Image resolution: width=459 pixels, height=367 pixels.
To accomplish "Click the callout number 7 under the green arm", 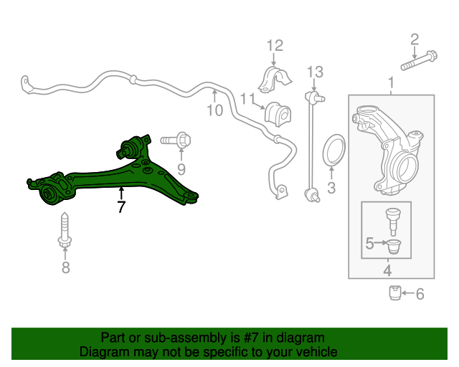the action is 121,206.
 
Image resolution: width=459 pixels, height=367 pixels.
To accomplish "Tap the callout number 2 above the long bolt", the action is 415,39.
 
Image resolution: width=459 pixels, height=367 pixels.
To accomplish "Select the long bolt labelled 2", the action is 419,61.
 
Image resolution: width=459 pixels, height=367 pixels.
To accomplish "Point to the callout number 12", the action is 275,46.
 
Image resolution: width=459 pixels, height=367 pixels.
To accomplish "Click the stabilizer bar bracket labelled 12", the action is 275,80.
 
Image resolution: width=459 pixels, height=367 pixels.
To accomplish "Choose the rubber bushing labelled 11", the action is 278,114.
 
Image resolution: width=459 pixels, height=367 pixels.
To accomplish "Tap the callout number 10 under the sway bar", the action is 215,110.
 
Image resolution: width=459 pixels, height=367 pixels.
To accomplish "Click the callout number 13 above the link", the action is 315,72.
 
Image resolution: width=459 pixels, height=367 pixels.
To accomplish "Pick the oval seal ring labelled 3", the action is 333,149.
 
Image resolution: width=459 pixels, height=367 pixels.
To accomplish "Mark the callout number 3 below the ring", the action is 331,188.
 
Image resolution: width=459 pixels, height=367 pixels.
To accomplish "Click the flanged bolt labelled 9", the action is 176,140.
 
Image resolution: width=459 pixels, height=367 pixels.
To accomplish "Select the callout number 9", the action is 181,169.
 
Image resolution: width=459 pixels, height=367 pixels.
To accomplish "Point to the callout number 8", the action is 65,267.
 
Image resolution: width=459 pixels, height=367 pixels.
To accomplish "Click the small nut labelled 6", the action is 394,292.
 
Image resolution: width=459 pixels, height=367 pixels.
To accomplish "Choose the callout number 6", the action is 420,294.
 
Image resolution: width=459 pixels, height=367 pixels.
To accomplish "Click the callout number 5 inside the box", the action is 370,243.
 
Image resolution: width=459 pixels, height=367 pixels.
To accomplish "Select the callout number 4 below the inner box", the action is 387,270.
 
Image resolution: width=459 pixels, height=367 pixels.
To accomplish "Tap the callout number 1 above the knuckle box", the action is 391,82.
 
